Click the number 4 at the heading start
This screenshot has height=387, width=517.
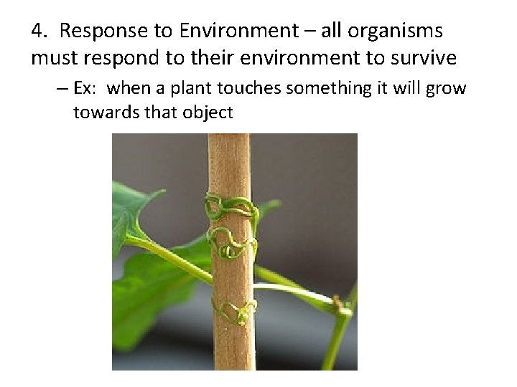click(37, 32)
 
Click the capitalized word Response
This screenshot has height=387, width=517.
click(95, 32)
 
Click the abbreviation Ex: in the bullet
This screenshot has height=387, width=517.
click(90, 89)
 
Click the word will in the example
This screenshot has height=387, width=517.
click(407, 89)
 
